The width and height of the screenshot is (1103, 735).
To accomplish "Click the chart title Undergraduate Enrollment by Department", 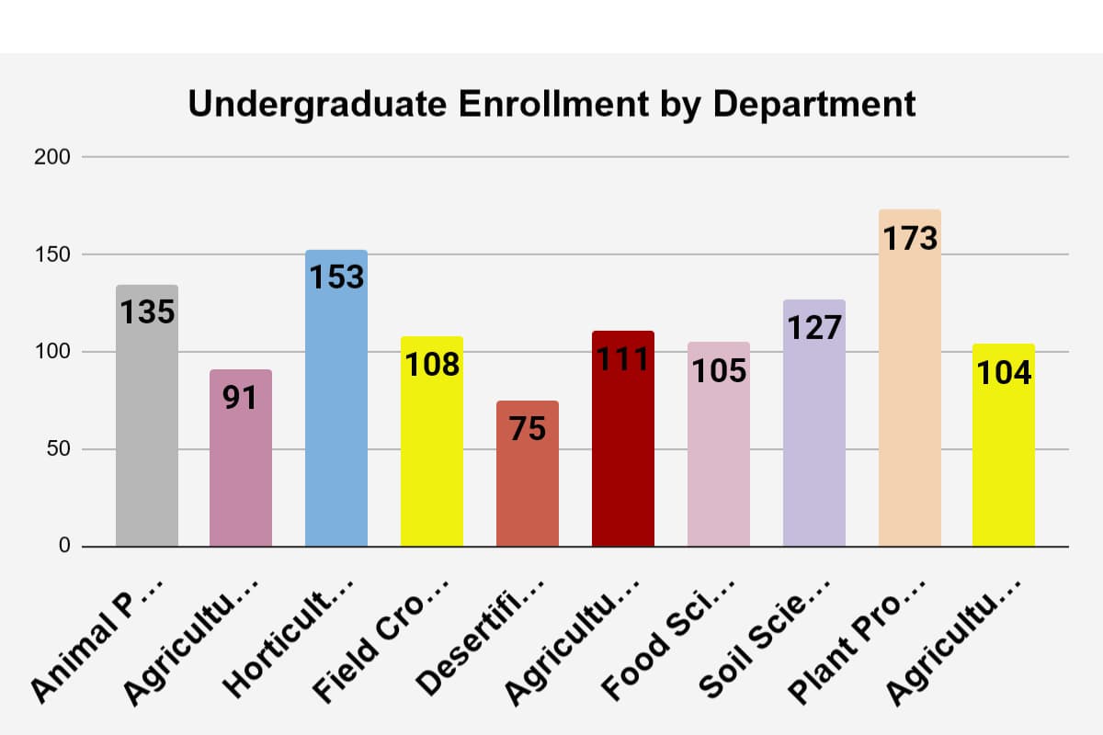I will (x=551, y=104).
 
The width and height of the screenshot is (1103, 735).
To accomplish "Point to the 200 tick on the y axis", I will (x=52, y=157).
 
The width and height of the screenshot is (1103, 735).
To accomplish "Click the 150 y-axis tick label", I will (x=52, y=254).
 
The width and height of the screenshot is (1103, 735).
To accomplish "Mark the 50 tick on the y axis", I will (x=57, y=449).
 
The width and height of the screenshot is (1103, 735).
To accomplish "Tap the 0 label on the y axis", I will (x=64, y=547).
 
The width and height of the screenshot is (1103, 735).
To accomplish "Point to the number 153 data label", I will (x=337, y=277).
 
